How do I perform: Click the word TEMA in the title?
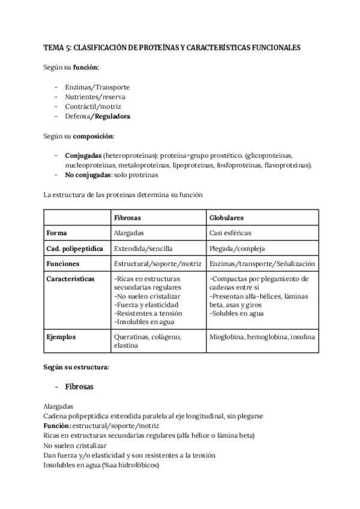pos(54,47)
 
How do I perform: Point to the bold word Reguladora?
pos(111,116)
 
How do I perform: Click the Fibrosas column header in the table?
pos(127,217)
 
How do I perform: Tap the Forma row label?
pos(57,232)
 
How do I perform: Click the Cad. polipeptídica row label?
pos(74,248)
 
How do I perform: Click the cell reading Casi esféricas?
pos(230,232)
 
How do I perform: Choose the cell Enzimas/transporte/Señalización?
pos(262,264)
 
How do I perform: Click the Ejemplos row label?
pos(61,337)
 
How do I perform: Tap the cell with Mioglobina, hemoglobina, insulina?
pos(262,337)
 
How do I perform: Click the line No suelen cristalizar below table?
pos(75,445)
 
